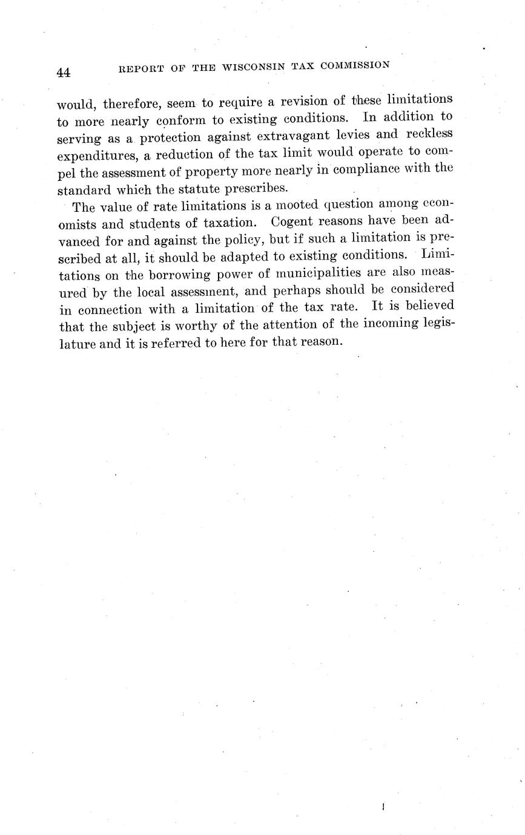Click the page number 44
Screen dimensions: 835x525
pyautogui.click(x=64, y=73)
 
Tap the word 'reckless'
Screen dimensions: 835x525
pyautogui.click(x=430, y=133)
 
